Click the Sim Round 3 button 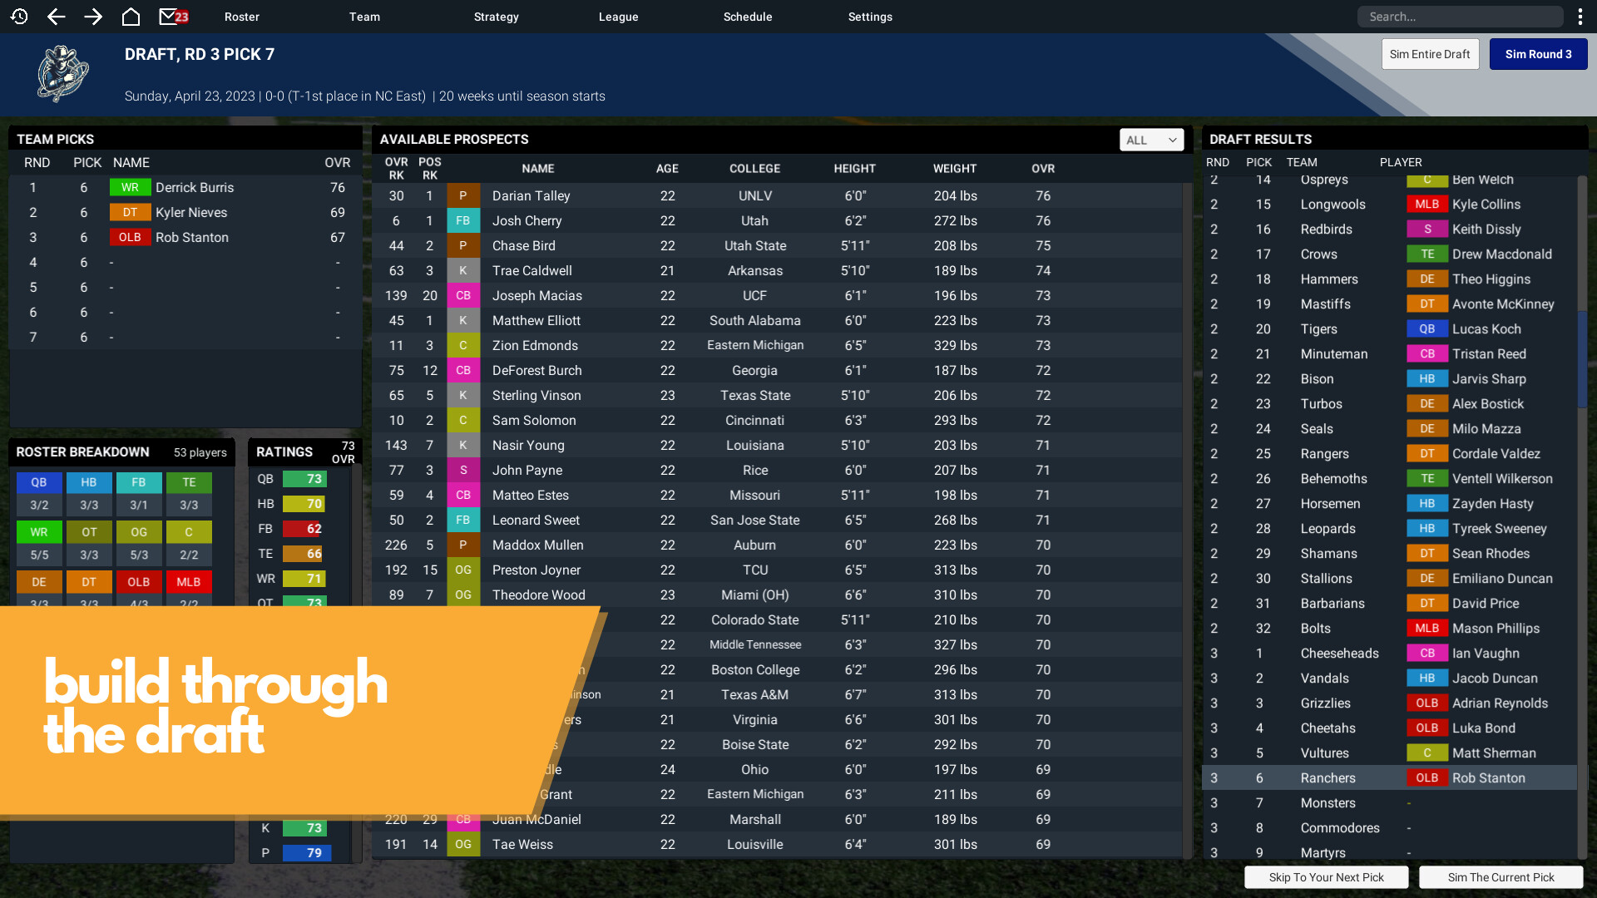pos(1538,54)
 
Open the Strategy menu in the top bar pos(496,17)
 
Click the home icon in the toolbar pos(131,17)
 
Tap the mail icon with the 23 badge pos(173,17)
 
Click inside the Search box pos(1460,17)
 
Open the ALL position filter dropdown pos(1151,140)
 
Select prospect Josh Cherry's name pos(527,221)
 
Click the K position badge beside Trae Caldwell pos(463,271)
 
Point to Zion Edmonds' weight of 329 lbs pos(955,346)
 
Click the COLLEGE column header pos(754,169)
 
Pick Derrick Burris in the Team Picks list pos(195,188)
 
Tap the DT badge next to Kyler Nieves pos(130,213)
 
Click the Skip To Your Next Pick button pos(1326,877)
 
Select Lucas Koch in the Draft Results pos(1486,329)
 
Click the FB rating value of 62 pos(313,529)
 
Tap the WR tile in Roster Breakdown pos(39,532)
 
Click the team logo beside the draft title pos(63,74)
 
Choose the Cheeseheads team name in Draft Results pos(1339,654)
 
